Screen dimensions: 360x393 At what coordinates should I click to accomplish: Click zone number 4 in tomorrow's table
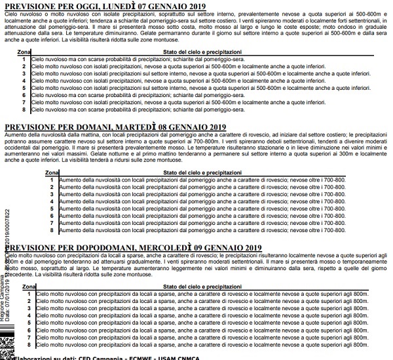[x=52, y=201]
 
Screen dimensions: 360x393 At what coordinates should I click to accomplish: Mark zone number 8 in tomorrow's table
[x=52, y=230]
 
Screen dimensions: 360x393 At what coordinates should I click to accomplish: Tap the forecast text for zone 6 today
[x=131, y=96]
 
